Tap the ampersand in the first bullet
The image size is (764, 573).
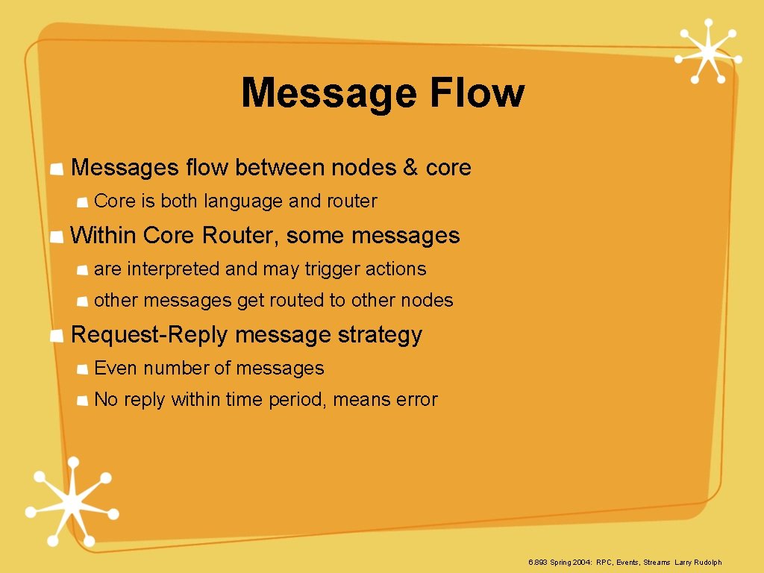coord(410,168)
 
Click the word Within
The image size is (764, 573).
coord(103,236)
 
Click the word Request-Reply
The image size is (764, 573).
coord(148,335)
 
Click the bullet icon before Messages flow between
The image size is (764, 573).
coord(56,169)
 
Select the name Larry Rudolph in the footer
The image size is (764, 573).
coord(698,562)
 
